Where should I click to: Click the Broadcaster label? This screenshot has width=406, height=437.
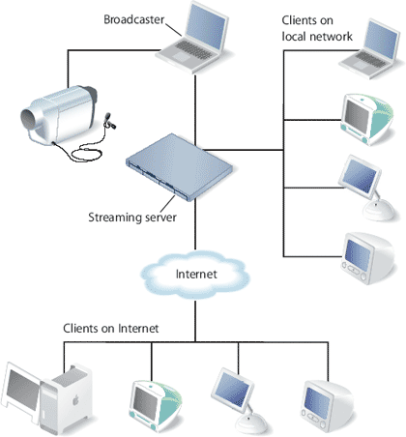pos(133,19)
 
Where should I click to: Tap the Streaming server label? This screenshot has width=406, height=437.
pos(132,218)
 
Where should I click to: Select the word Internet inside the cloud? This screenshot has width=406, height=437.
pos(196,274)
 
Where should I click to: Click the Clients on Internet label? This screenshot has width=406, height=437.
pos(111,329)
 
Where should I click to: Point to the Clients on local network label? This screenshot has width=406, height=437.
pos(317,28)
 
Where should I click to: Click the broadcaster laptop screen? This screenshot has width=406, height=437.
pos(206,27)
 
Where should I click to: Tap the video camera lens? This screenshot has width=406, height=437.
pos(29,119)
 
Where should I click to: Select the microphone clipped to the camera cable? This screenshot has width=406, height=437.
pos(109,120)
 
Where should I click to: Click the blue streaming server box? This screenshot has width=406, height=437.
pos(179,167)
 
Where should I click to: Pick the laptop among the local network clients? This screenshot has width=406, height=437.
pos(369,49)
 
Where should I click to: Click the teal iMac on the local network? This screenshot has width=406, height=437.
pos(367,119)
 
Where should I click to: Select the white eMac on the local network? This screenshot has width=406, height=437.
pos(367,258)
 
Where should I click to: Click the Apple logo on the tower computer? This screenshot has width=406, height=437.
pos(75,400)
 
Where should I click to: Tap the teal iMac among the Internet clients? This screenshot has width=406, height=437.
pos(156,406)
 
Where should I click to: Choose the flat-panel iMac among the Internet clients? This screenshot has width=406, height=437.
pos(239,401)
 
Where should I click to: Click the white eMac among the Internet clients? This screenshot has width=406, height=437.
pos(327,406)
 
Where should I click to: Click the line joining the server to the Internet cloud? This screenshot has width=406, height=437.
pos(195,224)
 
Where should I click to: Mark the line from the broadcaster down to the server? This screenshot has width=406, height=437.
pos(195,110)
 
